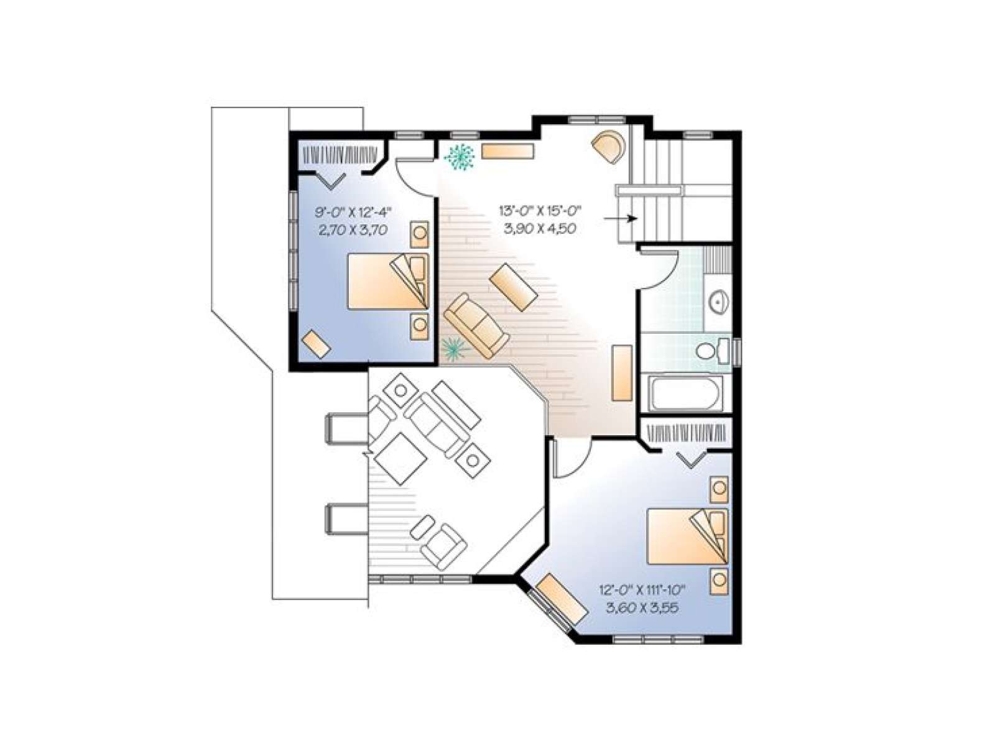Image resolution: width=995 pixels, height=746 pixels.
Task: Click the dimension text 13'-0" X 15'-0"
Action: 540,211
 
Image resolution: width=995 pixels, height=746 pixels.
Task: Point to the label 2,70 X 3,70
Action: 353,230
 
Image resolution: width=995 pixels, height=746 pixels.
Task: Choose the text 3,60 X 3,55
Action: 641,607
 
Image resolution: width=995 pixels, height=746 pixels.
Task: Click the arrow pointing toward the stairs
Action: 621,218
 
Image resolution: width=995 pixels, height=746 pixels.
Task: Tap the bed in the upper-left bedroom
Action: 388,281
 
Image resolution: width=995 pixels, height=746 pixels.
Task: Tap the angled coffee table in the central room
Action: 514,287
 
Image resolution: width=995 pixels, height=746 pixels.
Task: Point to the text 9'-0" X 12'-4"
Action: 353,211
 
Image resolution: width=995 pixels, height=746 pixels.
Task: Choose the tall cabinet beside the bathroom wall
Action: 622,372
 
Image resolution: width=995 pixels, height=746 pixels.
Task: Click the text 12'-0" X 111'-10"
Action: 641,590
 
